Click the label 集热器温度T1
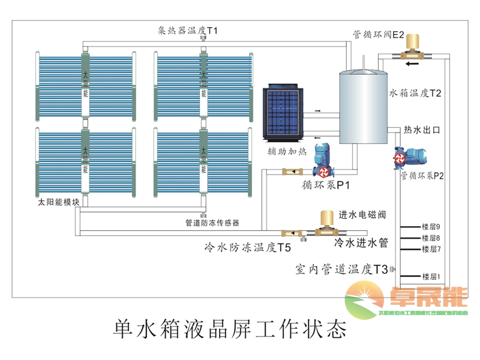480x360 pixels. tap(188, 30)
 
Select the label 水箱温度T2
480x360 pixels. tap(415, 93)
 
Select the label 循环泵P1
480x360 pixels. tap(326, 185)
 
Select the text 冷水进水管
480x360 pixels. tap(361, 243)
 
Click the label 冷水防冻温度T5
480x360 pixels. tap(248, 247)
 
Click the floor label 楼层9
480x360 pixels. tap(431, 227)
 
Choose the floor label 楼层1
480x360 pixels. tap(431, 277)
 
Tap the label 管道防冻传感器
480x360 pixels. tap(212, 223)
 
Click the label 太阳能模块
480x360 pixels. tap(58, 202)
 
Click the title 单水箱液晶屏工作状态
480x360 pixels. tap(230, 329)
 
